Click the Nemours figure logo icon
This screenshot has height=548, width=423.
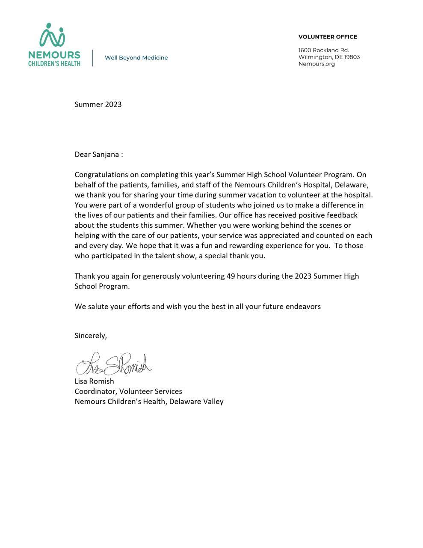(x=52, y=35)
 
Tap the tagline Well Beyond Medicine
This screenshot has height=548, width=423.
(x=136, y=58)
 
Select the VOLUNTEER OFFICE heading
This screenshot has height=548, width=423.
(x=328, y=37)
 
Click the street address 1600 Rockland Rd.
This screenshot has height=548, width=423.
(x=324, y=50)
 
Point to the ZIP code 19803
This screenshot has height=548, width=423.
(x=352, y=57)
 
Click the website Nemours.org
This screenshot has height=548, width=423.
(x=317, y=64)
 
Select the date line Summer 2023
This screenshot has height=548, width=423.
(x=98, y=104)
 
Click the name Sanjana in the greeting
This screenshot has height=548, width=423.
(x=106, y=155)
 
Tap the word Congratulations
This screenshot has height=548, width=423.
(x=101, y=175)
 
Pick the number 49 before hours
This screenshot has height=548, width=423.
(x=231, y=276)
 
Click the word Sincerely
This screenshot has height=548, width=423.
(x=91, y=336)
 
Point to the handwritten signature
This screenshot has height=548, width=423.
(x=114, y=364)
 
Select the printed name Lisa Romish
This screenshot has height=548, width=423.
(x=94, y=381)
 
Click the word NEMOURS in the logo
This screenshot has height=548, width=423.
(x=54, y=55)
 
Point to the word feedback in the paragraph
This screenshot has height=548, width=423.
(x=342, y=215)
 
